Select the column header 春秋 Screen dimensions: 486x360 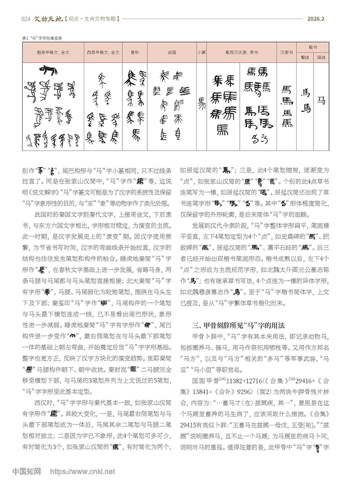pyautogui.click(x=135, y=53)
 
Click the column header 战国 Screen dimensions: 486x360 pyautogui.click(x=171, y=53)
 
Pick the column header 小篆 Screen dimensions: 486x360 pyautogui.click(x=202, y=53)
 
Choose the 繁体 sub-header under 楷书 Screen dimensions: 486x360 pyautogui.click(x=305, y=57)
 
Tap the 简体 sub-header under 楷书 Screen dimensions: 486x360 pyautogui.click(x=321, y=57)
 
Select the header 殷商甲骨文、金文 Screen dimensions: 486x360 pyautogui.click(x=53, y=53)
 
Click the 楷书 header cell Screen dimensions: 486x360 pyautogui.click(x=313, y=48)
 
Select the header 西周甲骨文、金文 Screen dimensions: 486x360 pyautogui.click(x=103, y=53)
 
